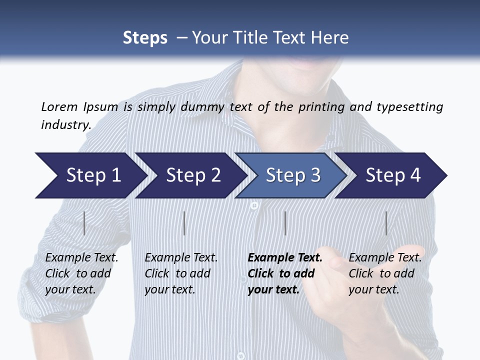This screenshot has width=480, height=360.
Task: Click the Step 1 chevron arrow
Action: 92,175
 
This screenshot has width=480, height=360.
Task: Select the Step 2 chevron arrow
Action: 192,175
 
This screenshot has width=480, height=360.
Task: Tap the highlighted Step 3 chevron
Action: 292,175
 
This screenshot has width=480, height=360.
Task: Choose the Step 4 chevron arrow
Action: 392,175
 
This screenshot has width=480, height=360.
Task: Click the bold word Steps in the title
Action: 145,37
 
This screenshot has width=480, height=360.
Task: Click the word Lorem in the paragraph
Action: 59,107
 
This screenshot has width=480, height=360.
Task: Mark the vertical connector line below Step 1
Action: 84,223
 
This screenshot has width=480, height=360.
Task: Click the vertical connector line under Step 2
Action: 184,223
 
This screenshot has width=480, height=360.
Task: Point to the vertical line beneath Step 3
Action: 285,223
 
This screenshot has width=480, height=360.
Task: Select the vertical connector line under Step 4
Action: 386,223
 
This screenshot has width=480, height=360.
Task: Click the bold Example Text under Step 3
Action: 285,258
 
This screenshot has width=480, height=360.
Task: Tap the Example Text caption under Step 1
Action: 81,258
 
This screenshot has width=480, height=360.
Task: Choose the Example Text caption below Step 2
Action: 181,258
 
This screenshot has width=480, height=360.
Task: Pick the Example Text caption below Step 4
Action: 385,258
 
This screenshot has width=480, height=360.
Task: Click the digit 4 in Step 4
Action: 414,175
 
